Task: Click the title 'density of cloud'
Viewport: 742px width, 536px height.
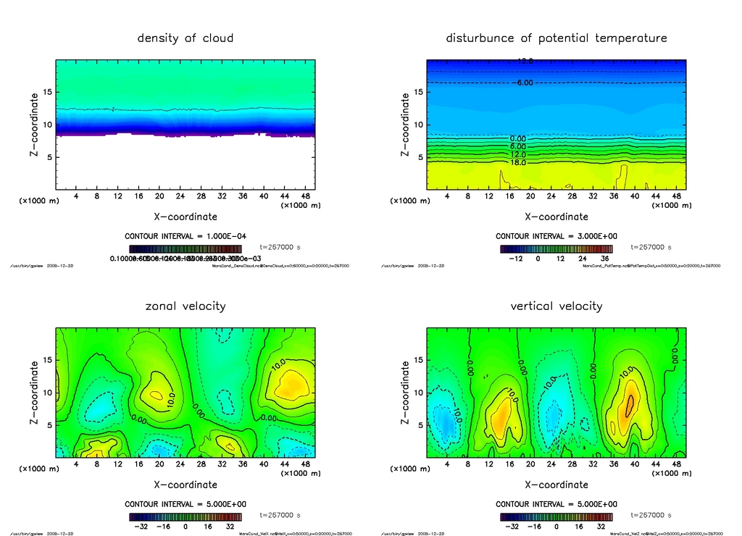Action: click(185, 38)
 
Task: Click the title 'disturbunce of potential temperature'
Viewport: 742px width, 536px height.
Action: click(556, 38)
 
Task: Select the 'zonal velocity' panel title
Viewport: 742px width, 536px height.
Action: click(185, 306)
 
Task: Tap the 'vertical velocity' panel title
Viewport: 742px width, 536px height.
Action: click(556, 306)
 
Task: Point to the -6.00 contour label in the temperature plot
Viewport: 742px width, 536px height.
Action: click(524, 83)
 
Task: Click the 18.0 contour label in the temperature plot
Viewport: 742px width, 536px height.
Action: click(518, 163)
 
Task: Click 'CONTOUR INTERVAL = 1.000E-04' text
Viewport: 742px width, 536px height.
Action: click(185, 237)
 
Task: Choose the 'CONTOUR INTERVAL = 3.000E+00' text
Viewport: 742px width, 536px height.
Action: click(556, 237)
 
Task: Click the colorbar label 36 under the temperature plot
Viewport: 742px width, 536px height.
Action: click(604, 258)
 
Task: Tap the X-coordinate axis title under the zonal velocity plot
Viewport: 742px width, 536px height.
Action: click(185, 484)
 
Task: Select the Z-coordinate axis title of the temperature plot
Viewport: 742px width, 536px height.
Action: click(405, 124)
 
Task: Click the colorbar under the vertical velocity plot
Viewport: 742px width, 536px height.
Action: click(556, 517)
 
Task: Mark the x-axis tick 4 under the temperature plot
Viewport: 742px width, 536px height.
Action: click(447, 196)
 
